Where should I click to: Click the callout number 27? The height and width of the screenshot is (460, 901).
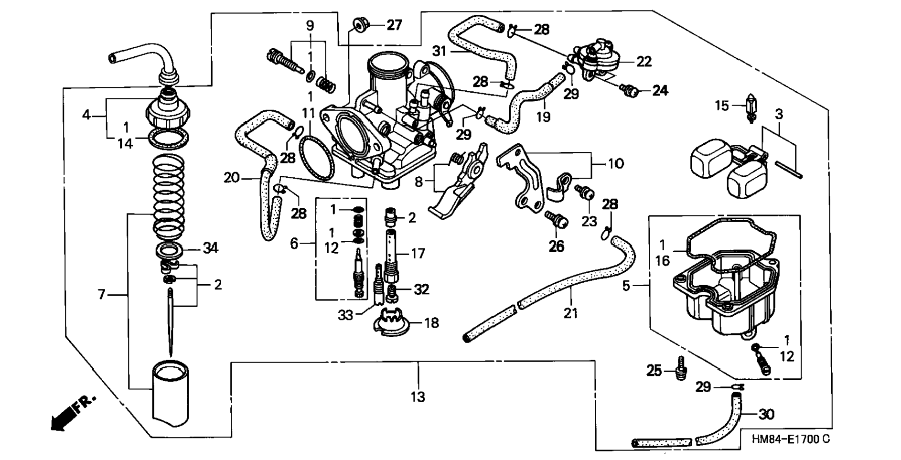pos(394,25)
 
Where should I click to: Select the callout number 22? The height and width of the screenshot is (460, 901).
pos(644,62)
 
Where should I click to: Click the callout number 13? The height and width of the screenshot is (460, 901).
pos(418,396)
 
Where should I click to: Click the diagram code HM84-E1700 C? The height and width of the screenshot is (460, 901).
pos(790,439)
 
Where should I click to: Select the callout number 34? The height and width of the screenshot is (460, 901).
pos(210,248)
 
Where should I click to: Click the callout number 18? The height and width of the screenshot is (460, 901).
pos(431,323)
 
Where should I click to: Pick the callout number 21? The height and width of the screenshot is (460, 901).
pos(570,313)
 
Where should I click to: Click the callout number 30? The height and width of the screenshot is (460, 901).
pos(766,414)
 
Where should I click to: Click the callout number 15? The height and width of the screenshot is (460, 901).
pos(722,106)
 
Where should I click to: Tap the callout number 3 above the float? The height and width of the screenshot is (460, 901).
pos(779,114)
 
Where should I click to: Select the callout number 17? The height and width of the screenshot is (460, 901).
pos(418,254)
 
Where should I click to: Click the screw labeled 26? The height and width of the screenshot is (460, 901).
pos(556,221)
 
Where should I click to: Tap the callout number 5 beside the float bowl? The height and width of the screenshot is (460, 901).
pos(626,286)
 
